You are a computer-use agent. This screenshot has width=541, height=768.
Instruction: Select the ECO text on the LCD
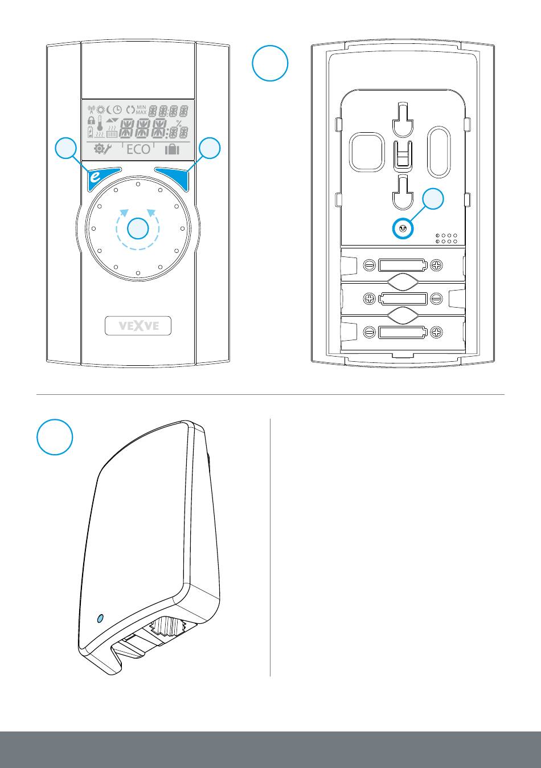coord(138,149)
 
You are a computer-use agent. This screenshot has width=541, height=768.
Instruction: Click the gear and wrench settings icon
coord(103,149)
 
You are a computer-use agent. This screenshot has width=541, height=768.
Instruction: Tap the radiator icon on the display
coord(112,134)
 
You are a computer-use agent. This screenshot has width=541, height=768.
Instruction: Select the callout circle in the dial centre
coord(137,229)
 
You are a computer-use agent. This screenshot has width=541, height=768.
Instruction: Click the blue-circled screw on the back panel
coord(403,229)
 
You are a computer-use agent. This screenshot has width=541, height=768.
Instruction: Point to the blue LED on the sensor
coord(101,618)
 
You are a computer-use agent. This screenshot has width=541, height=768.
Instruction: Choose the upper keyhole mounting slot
coord(403,120)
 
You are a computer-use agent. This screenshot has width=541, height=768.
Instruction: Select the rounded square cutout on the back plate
coord(368,152)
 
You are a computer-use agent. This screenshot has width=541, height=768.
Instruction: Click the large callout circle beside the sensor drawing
coord(55,438)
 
